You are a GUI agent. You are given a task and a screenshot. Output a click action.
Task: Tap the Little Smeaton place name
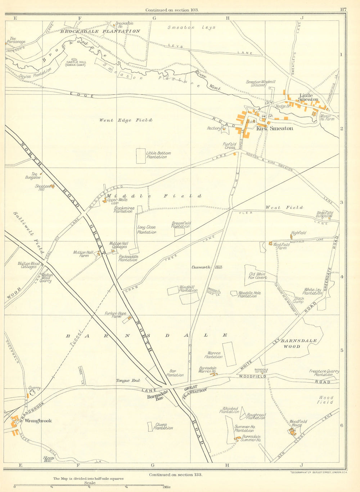click(309, 97)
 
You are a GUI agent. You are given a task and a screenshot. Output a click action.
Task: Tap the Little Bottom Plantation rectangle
click(141, 156)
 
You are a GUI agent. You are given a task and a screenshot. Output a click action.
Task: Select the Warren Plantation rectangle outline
click(229, 354)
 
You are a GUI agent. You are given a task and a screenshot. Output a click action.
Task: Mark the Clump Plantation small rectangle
click(150, 426)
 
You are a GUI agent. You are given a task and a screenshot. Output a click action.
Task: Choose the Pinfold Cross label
click(229, 146)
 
